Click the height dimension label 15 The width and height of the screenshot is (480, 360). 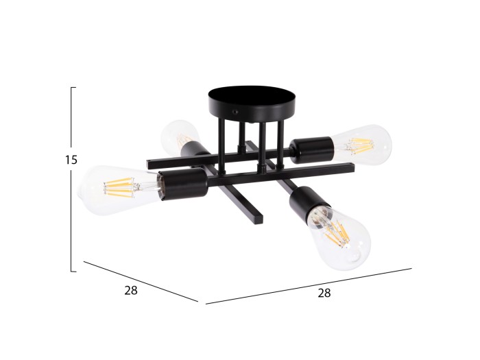[x=71, y=160]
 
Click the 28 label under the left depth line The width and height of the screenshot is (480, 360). [x=131, y=290]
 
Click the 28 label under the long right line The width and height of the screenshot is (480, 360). [x=324, y=293]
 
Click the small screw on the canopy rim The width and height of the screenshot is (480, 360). [x=236, y=112]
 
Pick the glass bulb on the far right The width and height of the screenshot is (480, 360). [x=362, y=145]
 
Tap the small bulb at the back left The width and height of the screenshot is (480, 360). [x=179, y=134]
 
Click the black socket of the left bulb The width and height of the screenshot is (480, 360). [x=183, y=184]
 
